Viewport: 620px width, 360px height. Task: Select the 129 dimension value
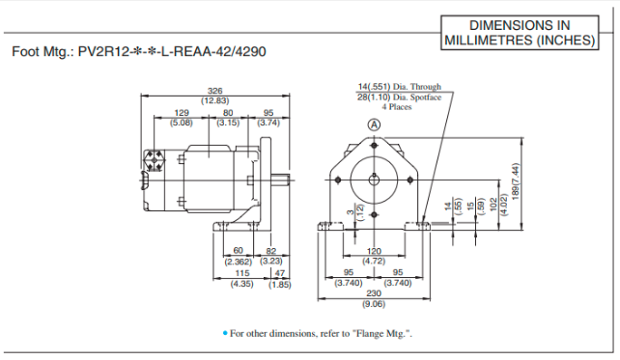181,113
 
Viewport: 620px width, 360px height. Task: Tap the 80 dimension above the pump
228,113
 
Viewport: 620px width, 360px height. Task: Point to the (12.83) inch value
214,100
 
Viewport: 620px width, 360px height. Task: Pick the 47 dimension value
279,274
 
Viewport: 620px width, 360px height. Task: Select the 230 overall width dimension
373,296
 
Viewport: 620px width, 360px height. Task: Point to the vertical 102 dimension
493,204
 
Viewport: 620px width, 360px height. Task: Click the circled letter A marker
373,125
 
